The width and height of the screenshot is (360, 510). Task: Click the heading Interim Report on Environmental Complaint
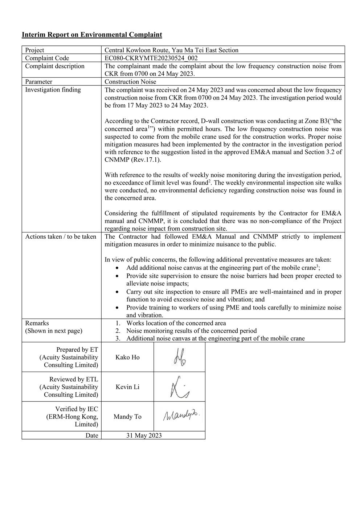92,35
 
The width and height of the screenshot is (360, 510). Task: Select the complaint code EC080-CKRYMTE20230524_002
151,58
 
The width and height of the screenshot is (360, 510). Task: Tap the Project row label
34,50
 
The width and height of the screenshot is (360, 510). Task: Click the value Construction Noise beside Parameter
130,82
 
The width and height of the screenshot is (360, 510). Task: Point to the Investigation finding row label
53,90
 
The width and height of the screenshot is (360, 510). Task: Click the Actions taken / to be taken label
61,237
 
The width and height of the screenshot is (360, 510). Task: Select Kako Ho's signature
180,357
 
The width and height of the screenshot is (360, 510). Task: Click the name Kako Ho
127,357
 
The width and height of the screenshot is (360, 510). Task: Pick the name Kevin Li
127,387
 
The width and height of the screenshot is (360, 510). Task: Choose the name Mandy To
127,417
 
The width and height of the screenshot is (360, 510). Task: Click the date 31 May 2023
144,436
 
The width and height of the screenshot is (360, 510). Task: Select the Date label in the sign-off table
92,436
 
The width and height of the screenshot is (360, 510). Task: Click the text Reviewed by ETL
74,379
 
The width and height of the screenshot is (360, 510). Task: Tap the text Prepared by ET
77,350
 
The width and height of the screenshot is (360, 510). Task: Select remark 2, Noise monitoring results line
191,331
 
